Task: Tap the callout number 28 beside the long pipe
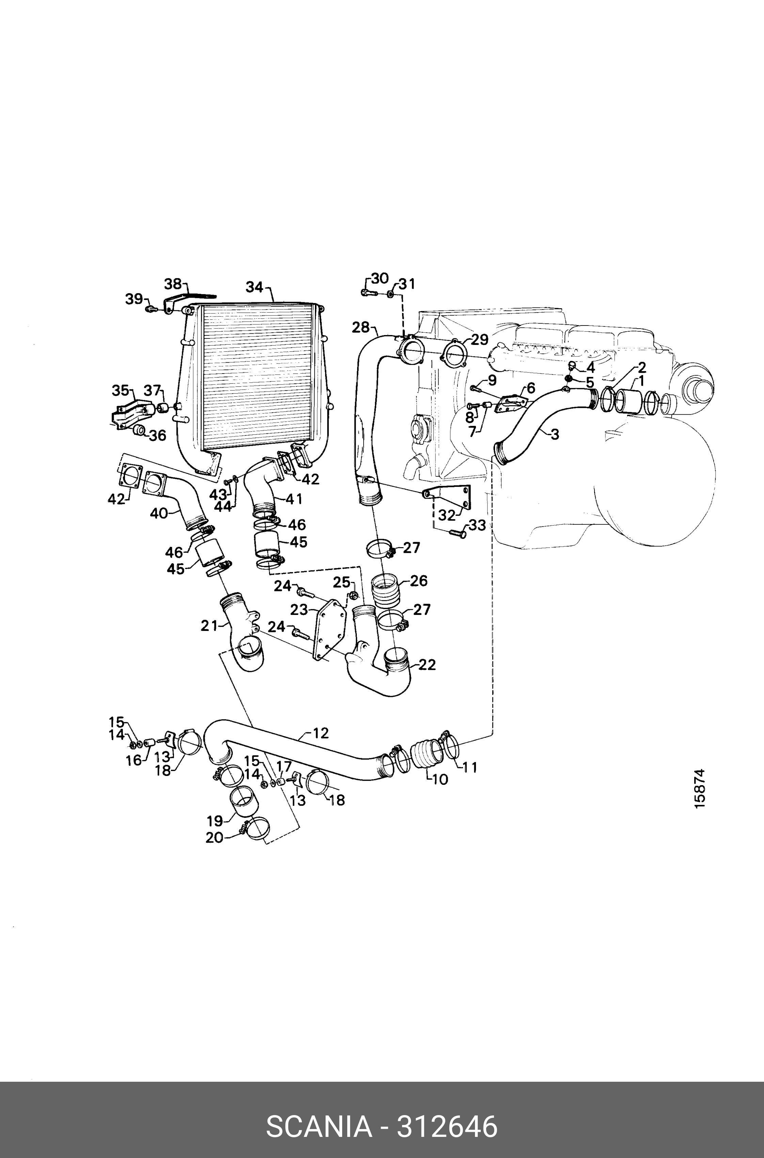tap(361, 327)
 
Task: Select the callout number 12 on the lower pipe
tap(321, 733)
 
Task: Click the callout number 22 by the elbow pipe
tap(427, 665)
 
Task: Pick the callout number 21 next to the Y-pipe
tap(209, 625)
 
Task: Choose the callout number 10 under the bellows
tap(440, 779)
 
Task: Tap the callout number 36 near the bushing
tap(157, 435)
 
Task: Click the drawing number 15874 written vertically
tap(700, 795)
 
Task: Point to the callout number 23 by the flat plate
tap(299, 609)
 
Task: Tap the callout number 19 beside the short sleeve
tap(214, 821)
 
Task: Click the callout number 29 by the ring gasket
tap(479, 339)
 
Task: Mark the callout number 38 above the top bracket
tap(173, 284)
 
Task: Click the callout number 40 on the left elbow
tap(159, 513)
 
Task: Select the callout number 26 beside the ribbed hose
tap(418, 581)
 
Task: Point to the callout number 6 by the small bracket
tap(530, 388)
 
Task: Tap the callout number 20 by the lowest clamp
tap(214, 838)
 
